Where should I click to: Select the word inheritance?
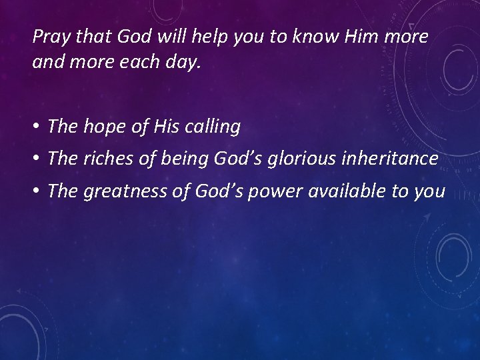click(389, 159)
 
